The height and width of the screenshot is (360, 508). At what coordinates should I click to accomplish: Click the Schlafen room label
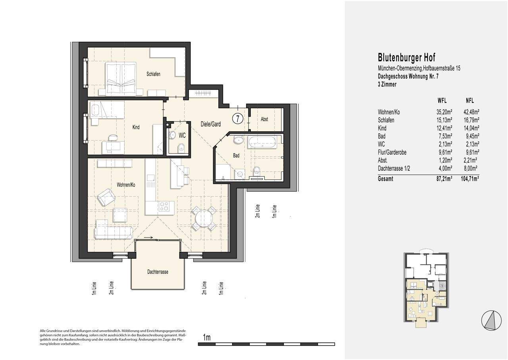[x=153, y=74]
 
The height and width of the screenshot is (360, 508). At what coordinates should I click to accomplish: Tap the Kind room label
[x=136, y=127]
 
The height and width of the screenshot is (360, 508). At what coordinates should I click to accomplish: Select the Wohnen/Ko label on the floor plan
[x=126, y=185]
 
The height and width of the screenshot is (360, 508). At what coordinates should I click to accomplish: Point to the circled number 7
[x=238, y=118]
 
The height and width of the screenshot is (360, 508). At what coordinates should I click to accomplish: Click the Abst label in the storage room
[x=264, y=119]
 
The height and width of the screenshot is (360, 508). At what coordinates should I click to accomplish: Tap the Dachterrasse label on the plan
[x=158, y=272]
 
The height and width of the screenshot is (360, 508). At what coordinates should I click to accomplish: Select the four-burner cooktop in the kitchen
[x=164, y=206]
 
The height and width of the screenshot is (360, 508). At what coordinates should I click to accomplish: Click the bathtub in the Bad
[x=262, y=142]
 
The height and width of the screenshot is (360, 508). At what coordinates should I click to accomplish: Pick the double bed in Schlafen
[x=121, y=79]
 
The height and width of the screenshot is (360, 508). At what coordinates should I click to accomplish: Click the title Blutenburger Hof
[x=406, y=58]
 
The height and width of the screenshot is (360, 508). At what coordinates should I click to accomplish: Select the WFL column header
[x=442, y=100]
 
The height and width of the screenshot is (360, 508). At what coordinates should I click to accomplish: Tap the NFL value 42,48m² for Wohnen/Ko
[x=471, y=112]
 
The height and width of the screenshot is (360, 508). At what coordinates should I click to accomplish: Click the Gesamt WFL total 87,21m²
[x=444, y=179]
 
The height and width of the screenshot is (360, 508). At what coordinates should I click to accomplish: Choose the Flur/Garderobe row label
[x=392, y=152]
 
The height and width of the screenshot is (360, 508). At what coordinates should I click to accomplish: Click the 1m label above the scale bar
[x=207, y=337]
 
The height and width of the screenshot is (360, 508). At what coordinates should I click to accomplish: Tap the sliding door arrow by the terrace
[x=148, y=237]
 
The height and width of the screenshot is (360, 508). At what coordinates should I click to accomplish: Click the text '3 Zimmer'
[x=387, y=85]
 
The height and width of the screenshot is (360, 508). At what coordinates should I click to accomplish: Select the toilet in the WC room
[x=181, y=148]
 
